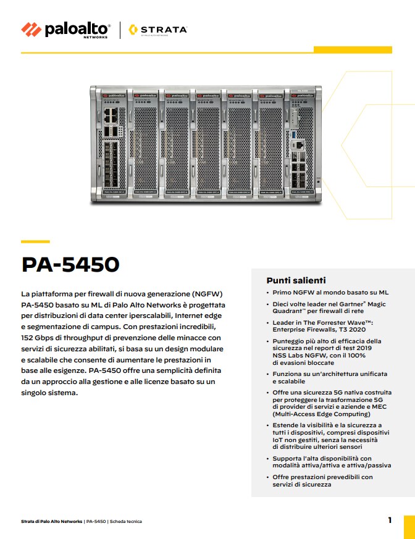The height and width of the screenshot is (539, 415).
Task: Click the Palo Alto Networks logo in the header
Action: [65, 29]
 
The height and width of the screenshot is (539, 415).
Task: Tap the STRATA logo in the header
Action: [158, 29]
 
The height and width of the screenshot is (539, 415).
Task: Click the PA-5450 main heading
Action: [70, 264]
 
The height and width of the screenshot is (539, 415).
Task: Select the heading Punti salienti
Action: [296, 280]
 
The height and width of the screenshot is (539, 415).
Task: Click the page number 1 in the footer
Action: [390, 520]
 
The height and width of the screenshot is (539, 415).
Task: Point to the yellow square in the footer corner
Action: [409, 526]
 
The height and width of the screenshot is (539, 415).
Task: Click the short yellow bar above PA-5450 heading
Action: [35, 241]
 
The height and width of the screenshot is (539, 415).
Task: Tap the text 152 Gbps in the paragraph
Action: [39, 338]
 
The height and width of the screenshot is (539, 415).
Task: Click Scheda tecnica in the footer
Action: [126, 522]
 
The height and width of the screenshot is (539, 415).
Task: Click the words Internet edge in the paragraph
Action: [194, 315]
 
